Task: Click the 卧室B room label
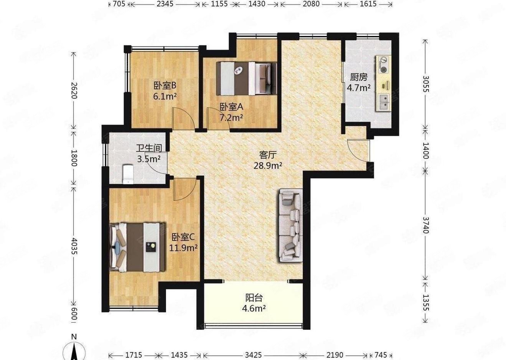[165, 86]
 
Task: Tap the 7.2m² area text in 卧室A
[231, 118]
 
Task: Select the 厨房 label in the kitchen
[359, 77]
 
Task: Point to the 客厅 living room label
[268, 155]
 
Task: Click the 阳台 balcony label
[254, 298]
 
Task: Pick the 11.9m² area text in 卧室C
[183, 248]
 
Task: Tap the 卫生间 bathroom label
[149, 148]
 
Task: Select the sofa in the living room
[290, 225]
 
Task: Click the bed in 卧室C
[137, 248]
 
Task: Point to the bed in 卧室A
[246, 79]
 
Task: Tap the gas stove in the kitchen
[383, 65]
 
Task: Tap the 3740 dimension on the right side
[426, 225]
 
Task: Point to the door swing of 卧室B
[183, 119]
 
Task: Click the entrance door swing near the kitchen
[358, 150]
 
